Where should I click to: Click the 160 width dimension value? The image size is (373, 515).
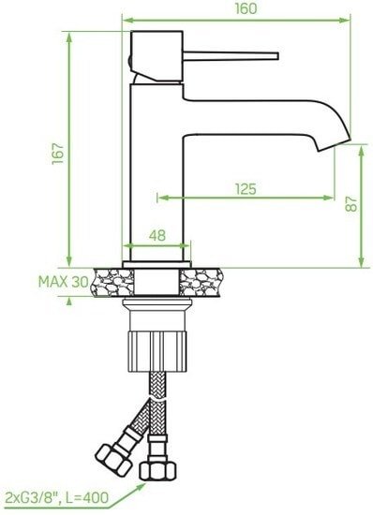[245, 7]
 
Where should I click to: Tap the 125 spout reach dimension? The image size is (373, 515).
[245, 188]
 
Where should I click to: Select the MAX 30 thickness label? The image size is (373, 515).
[63, 282]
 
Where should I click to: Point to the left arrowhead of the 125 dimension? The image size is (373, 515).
[160, 199]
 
